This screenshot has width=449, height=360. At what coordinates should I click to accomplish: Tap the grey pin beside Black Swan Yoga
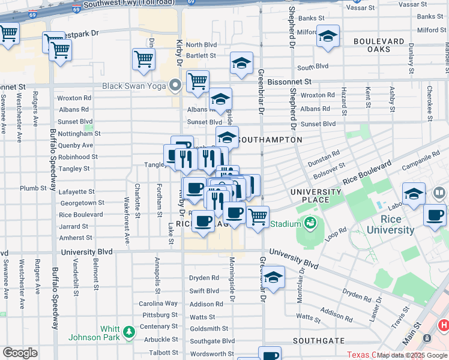[x=175, y=85]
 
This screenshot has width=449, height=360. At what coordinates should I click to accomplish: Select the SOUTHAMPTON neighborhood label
[x=270, y=140]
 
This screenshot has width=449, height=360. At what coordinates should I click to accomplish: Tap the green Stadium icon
[x=310, y=224]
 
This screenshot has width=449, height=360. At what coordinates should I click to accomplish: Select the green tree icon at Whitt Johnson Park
[x=128, y=331]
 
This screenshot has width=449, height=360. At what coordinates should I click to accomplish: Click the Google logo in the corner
[x=20, y=353]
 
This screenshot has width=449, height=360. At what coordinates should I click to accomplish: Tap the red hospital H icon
[x=444, y=325]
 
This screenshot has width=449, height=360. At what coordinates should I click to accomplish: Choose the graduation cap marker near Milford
[x=328, y=37]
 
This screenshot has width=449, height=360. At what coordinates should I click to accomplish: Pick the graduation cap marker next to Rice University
[x=414, y=194]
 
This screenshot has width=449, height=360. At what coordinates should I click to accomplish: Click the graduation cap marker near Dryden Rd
[x=273, y=278]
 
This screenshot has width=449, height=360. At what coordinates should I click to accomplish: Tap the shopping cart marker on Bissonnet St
[x=197, y=81]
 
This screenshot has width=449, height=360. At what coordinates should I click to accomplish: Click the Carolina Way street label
[x=158, y=304]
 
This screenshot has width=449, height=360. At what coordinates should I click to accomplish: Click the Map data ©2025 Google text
[x=412, y=355]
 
